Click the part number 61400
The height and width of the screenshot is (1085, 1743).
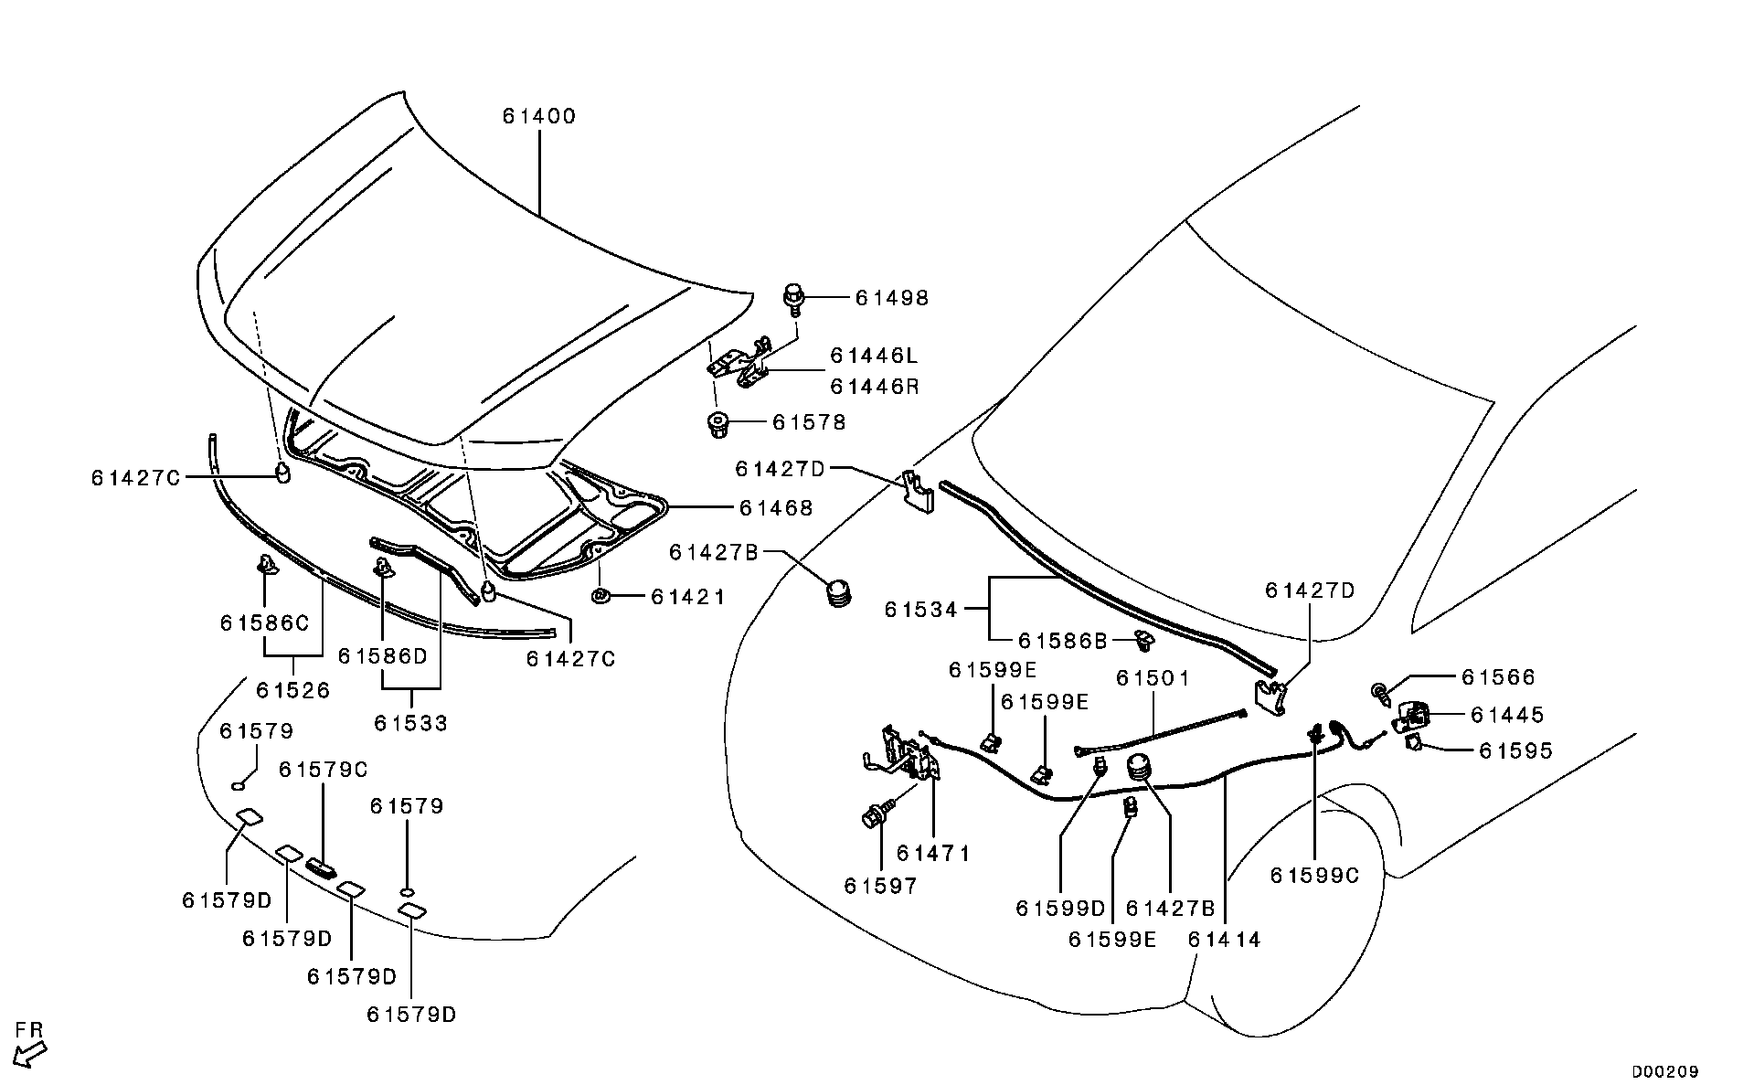[x=538, y=117]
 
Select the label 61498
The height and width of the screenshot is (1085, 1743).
[x=891, y=298]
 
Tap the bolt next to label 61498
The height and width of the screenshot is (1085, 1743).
[x=794, y=298]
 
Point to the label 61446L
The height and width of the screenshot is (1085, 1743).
[x=874, y=356]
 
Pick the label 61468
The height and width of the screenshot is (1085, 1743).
[x=776, y=508]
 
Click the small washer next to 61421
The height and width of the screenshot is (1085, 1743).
[x=600, y=597]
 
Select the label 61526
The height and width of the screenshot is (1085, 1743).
[x=292, y=690]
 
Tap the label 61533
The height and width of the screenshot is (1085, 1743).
[x=410, y=724]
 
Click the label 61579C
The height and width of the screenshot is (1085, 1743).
[x=323, y=771]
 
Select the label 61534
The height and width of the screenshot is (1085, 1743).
[x=920, y=610]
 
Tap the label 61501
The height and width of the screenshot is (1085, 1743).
[x=1153, y=678]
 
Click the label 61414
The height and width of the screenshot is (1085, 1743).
[x=1224, y=940]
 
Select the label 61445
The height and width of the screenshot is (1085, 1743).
[x=1507, y=715]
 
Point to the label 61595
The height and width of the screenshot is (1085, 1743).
[x=1515, y=751]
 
